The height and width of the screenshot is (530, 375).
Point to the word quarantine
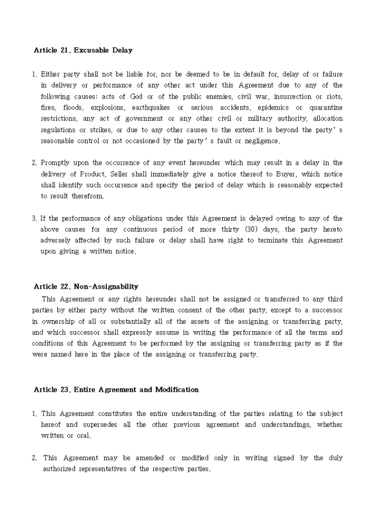326,107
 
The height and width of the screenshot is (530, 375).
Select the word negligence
261,140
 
